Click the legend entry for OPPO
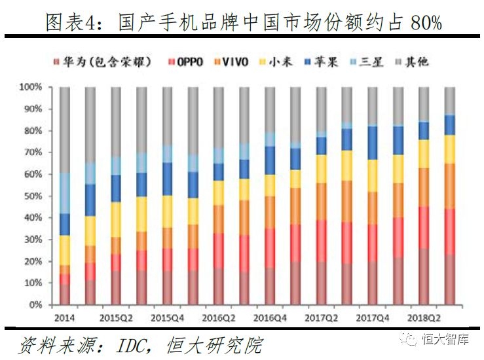[190, 62]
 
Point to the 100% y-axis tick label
[31, 87]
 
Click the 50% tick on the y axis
[33, 196]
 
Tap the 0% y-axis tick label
[35, 305]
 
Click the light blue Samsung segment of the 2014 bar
[65, 193]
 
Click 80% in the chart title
[426, 24]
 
